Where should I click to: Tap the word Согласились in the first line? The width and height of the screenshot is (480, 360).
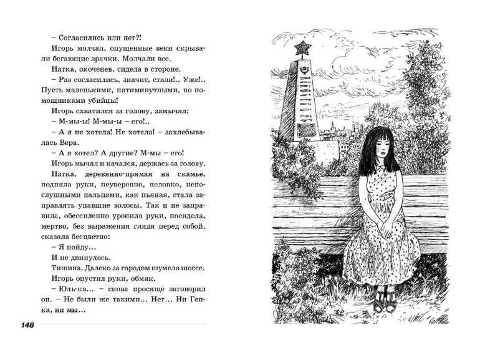(x=81, y=37)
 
